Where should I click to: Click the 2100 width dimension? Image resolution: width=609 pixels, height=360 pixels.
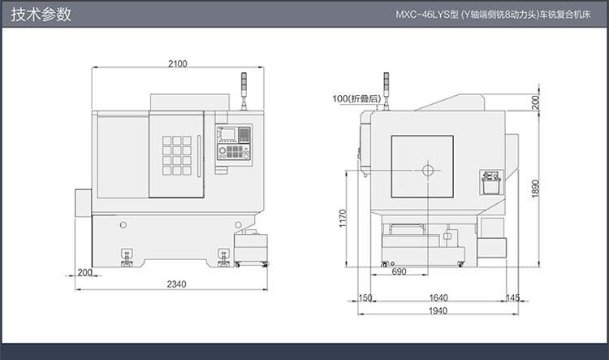click(178, 63)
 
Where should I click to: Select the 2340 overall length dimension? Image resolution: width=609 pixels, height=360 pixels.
click(177, 284)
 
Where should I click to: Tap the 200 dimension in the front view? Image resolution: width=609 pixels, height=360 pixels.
click(84, 272)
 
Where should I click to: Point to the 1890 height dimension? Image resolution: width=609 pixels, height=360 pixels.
click(536, 189)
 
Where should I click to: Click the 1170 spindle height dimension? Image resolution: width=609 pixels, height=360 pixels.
click(342, 218)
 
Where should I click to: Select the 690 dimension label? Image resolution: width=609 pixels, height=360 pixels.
click(399, 271)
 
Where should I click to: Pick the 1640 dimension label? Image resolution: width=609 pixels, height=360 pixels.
click(438, 297)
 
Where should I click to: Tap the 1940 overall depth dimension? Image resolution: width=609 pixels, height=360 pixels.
click(438, 310)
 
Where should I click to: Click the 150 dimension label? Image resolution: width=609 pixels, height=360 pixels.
click(365, 297)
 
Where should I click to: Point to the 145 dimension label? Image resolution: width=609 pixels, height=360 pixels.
click(512, 297)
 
